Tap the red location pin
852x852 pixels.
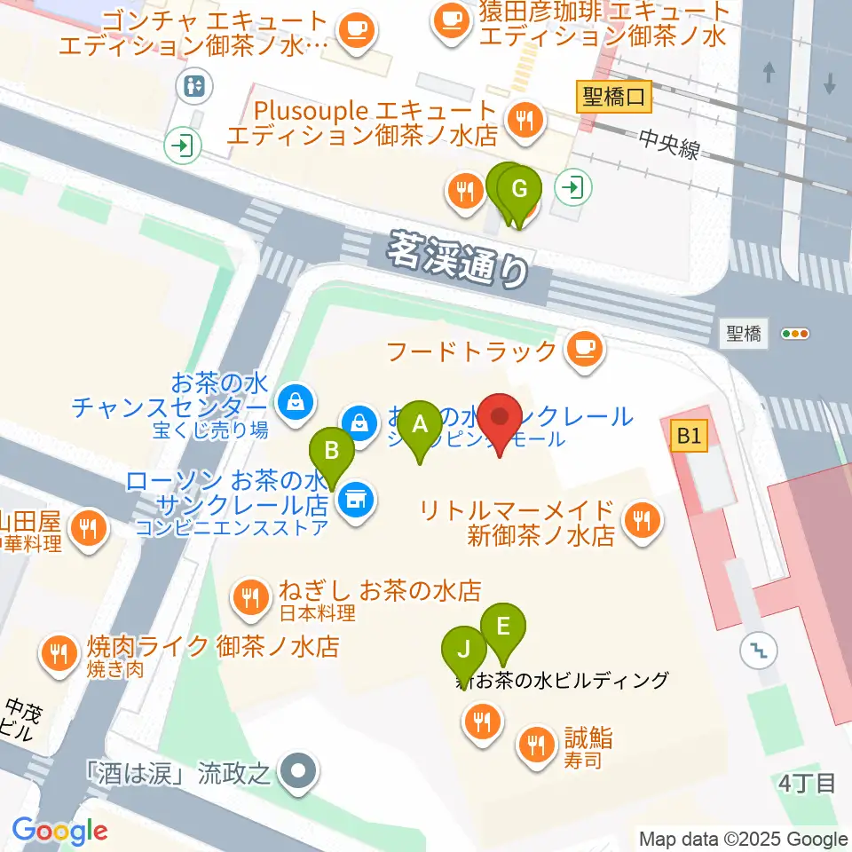(x=501, y=419)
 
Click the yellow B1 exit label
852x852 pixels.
(x=690, y=436)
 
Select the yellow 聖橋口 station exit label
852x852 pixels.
(x=614, y=95)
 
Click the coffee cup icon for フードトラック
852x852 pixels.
(x=584, y=349)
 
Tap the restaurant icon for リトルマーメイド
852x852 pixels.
(x=642, y=523)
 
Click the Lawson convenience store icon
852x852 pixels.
(x=356, y=502)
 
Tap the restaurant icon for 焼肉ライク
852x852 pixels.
(x=59, y=655)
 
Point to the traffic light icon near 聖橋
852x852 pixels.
(x=795, y=334)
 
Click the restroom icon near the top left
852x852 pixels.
(x=193, y=86)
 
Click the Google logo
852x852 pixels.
(x=59, y=831)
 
